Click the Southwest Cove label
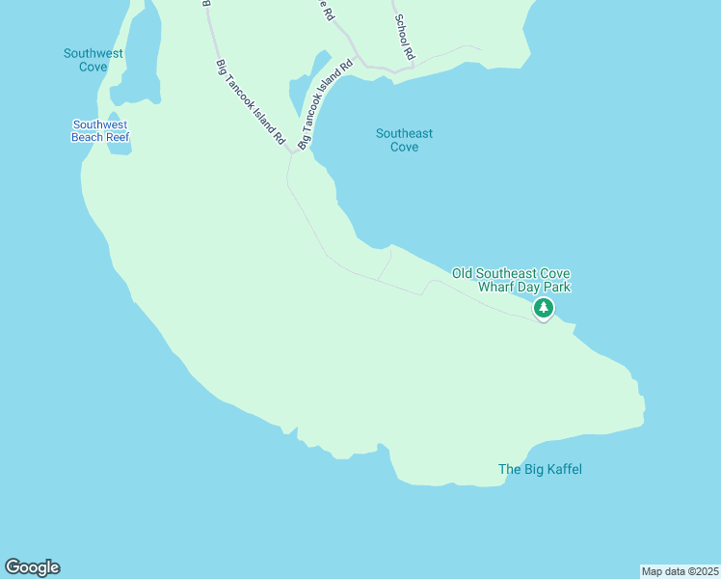pyautogui.click(x=93, y=60)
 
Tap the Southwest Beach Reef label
pyautogui.click(x=100, y=130)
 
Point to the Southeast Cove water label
pyautogui.click(x=404, y=140)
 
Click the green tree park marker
pyautogui.click(x=544, y=309)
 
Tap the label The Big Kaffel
pyautogui.click(x=540, y=470)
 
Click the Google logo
pyautogui.click(x=32, y=567)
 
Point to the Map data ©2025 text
pyautogui.click(x=680, y=571)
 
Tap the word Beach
pyautogui.click(x=86, y=137)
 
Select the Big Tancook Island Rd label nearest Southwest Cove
pyautogui.click(x=252, y=102)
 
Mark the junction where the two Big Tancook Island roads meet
pyautogui.click(x=292, y=152)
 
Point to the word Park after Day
pyautogui.click(x=556, y=288)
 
